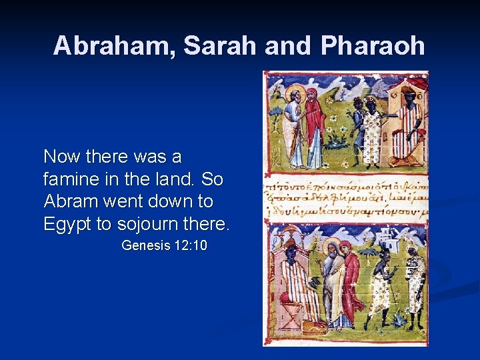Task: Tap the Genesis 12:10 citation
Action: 164,246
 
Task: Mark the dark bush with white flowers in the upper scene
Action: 338,139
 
